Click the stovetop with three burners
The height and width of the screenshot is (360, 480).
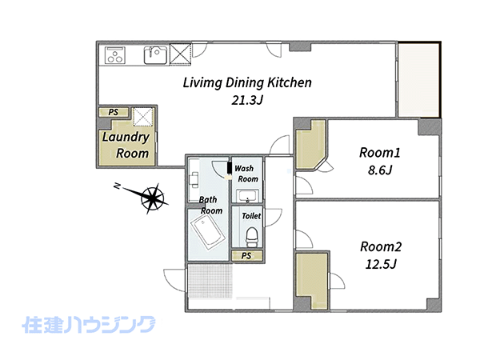115,55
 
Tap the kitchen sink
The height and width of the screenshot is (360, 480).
156,55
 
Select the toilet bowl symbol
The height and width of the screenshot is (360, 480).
253,237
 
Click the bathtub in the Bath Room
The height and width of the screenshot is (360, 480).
208,231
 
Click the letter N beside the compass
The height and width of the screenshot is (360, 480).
117,186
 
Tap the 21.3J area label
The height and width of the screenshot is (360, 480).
247,100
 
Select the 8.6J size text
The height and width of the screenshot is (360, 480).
380,170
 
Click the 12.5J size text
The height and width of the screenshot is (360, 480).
381,264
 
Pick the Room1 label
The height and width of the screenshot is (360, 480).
379,153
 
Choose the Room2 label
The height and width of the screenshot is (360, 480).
381,246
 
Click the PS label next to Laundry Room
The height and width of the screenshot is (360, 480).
114,112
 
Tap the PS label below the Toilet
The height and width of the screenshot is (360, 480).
246,256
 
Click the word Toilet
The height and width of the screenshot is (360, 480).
251,216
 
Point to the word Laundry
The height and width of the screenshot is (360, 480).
126,138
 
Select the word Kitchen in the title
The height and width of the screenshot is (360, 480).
290,82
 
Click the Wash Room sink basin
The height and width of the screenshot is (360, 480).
248,196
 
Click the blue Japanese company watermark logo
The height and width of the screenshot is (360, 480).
89,325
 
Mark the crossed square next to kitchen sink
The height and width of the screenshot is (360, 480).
181,54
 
